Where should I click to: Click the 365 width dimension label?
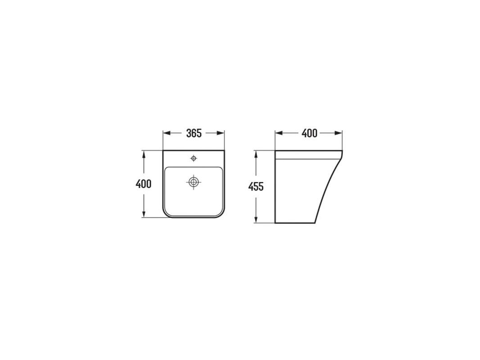point(194,133)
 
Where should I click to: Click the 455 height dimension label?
point(256,186)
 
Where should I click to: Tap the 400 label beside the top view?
point(143,184)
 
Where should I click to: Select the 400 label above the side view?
point(310,133)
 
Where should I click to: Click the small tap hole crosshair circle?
point(193,158)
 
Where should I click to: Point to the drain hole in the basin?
point(193,182)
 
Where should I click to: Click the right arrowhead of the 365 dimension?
point(221,133)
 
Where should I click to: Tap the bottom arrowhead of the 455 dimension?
point(256,219)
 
